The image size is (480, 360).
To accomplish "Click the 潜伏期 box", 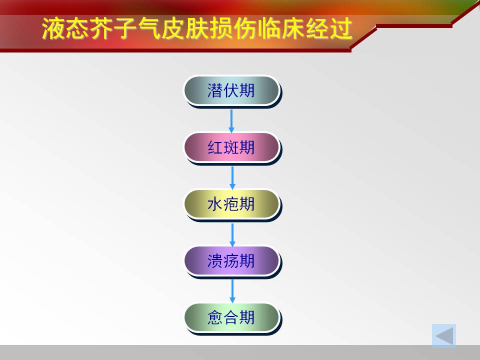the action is [x=231, y=90].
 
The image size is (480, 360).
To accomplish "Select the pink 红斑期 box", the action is [x=231, y=147].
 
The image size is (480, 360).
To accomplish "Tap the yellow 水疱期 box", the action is [x=231, y=204].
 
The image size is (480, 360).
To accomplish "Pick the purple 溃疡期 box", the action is [x=231, y=261].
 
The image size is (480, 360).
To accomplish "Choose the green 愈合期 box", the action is [x=231, y=317].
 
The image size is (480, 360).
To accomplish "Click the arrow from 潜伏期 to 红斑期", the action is [x=231, y=121].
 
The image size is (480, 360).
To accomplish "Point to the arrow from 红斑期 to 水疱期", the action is [x=232, y=178].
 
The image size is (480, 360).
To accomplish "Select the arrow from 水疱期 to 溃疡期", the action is [x=232, y=235].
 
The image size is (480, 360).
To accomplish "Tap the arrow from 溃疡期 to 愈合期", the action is [x=232, y=291].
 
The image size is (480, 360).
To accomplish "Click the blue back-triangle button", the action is [x=444, y=336].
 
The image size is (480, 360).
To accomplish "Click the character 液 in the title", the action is [x=53, y=28].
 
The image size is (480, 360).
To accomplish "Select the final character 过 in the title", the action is [x=340, y=28].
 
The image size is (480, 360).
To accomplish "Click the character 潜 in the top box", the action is [x=215, y=90].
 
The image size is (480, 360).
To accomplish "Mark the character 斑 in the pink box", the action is [x=231, y=147].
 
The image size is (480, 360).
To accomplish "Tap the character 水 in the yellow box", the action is [x=215, y=204].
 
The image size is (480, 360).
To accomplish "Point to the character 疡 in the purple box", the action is [x=231, y=261].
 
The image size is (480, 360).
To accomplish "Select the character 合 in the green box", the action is [x=231, y=317].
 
